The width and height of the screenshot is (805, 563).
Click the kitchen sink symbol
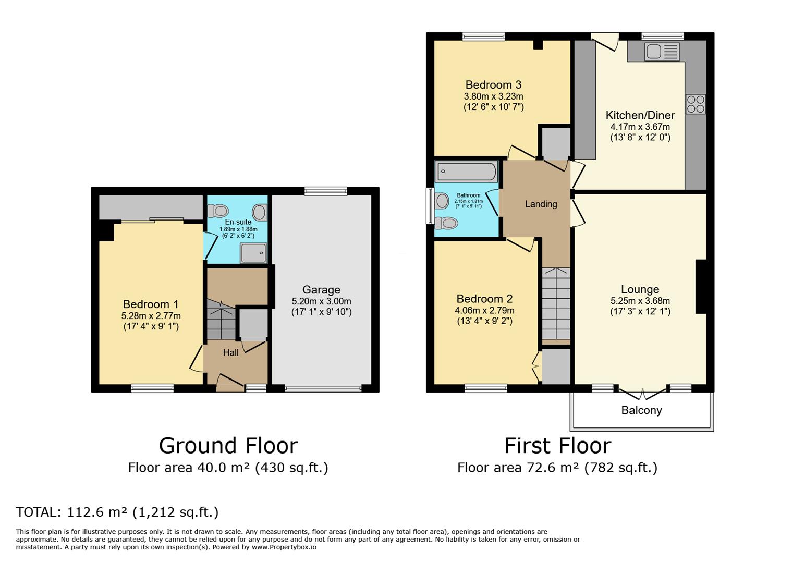coord(662,52)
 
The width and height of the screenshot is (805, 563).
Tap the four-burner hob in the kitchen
coord(695,104)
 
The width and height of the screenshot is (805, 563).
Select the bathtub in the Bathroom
coord(467,171)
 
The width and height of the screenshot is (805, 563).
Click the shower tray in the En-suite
coord(253,253)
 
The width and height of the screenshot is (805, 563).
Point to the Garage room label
coord(321,290)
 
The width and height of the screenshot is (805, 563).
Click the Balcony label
coord(641,410)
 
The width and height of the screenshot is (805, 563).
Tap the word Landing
coord(541,204)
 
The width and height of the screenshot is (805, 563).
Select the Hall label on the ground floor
coord(230,353)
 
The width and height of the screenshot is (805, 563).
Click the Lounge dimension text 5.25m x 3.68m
coord(640,301)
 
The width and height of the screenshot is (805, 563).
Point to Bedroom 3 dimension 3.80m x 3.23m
coord(493,96)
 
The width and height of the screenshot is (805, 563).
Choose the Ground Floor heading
coord(228,446)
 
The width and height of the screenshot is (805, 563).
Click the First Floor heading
coord(557,446)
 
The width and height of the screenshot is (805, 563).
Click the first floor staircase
coord(556,303)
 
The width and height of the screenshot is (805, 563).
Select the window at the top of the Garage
coord(326,191)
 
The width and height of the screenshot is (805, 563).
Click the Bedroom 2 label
coord(484,299)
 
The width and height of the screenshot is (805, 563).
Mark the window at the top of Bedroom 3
coord(483,36)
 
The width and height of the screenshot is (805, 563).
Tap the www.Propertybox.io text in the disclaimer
coord(284,547)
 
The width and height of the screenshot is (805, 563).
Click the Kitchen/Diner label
coord(640,115)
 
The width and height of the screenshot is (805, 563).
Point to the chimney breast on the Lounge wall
coord(701,287)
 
